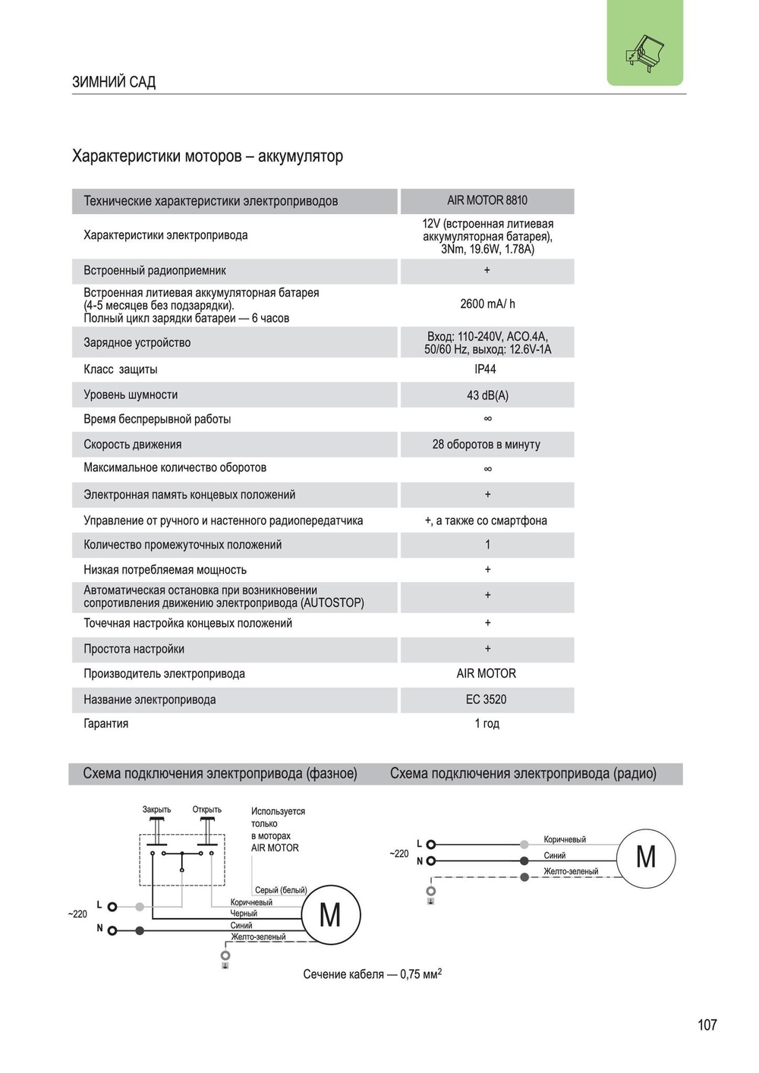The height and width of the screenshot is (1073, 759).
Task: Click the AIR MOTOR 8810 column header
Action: pyautogui.click(x=487, y=200)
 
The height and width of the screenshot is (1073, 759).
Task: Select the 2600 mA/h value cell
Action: pyautogui.click(x=487, y=304)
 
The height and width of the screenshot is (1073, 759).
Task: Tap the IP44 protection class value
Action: pyautogui.click(x=485, y=369)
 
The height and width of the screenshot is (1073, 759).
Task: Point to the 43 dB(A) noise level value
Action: pyautogui.click(x=487, y=395)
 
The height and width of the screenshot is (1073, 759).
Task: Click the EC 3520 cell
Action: pyautogui.click(x=486, y=700)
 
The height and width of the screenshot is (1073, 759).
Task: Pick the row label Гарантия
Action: pyautogui.click(x=106, y=723)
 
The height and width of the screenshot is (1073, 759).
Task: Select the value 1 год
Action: pyautogui.click(x=487, y=723)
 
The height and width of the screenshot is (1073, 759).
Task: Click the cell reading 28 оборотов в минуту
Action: pyautogui.click(x=486, y=444)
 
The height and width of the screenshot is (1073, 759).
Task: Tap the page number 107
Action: pyautogui.click(x=707, y=1024)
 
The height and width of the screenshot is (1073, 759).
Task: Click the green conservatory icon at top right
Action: pyautogui.click(x=644, y=50)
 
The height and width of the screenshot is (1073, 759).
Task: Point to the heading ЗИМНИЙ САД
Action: pyautogui.click(x=114, y=82)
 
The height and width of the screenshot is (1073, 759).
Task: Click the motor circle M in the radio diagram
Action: pyautogui.click(x=645, y=857)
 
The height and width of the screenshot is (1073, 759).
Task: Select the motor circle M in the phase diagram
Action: pyautogui.click(x=330, y=915)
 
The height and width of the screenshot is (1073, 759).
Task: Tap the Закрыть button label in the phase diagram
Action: pyautogui.click(x=157, y=810)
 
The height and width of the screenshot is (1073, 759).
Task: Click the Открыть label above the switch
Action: pyautogui.click(x=206, y=810)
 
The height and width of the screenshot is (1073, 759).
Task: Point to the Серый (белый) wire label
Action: pyautogui.click(x=281, y=890)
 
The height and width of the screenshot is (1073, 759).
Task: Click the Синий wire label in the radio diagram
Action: pyautogui.click(x=555, y=855)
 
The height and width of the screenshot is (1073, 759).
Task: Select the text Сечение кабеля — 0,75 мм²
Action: pyautogui.click(x=372, y=974)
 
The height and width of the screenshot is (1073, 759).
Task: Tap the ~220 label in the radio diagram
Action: pyautogui.click(x=399, y=854)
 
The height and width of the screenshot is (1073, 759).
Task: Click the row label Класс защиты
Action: pyautogui.click(x=121, y=370)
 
